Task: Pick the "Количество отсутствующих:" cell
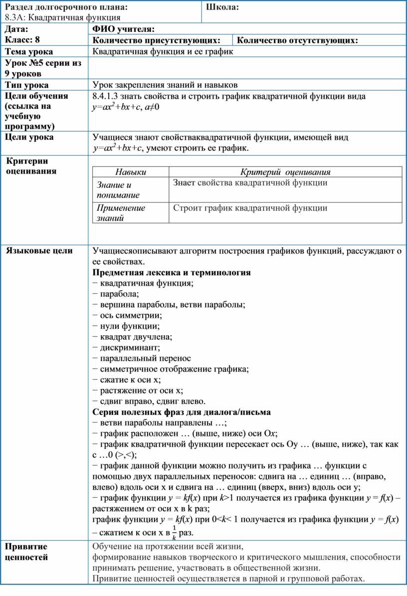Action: point(297,40)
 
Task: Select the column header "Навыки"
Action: point(131,172)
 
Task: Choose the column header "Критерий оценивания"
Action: point(286,172)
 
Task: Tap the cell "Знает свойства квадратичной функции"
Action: point(250,183)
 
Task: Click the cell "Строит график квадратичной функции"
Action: point(250,208)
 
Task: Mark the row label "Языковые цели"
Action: point(39,251)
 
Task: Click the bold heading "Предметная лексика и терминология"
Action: point(172,272)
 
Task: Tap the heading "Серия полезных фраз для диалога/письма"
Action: point(182,412)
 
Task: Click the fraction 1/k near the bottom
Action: point(174,532)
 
